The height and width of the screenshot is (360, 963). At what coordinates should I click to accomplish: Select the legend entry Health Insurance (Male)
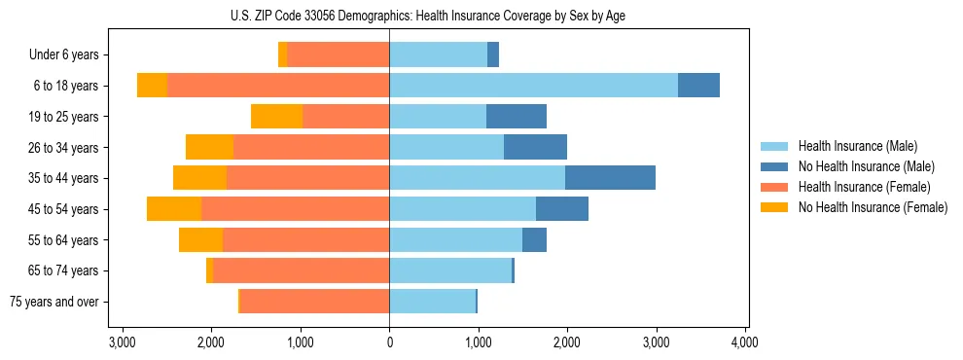coord(857,146)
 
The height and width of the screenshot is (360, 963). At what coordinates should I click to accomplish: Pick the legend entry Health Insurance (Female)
coord(864,187)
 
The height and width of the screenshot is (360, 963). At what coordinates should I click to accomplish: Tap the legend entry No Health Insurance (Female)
coord(873,207)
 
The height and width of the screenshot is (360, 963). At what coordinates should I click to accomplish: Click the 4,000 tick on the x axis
coord(745,343)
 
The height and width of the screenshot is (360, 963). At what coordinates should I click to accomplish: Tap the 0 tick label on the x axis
coord(389,343)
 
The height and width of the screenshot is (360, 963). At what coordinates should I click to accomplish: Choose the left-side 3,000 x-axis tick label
coord(123,343)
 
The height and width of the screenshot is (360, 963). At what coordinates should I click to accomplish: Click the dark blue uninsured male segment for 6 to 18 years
coord(698,86)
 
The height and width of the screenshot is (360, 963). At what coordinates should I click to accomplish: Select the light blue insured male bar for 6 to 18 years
coord(533,86)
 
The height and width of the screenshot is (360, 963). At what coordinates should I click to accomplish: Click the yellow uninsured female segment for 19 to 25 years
coord(276,117)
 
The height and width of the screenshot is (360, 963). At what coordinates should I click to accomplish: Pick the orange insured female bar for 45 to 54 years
coord(295,209)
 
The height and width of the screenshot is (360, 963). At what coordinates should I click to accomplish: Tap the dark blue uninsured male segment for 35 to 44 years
coord(610,178)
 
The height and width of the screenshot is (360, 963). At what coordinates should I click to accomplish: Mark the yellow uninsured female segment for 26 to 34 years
coord(209,147)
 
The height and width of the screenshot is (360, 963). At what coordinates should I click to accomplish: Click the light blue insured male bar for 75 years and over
coord(432,302)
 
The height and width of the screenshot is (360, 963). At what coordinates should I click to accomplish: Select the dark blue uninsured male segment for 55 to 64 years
coord(534,240)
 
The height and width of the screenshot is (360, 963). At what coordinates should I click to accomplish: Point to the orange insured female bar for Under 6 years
coord(338,55)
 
